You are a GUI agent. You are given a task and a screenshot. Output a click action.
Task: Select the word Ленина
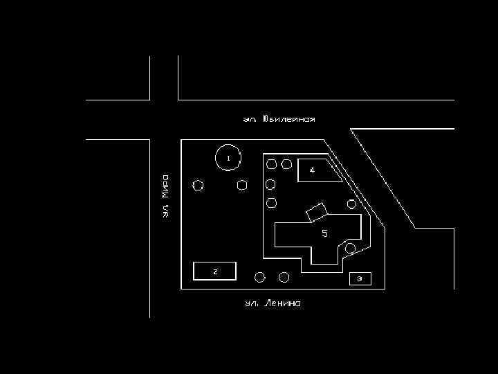[x=282, y=303]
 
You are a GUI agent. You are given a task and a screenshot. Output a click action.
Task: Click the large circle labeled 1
[x=228, y=158]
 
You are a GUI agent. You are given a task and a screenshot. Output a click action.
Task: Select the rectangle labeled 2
[x=215, y=271]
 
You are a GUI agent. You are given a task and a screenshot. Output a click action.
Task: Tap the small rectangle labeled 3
[x=360, y=279]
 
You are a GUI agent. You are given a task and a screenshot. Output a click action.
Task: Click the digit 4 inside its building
[x=312, y=170]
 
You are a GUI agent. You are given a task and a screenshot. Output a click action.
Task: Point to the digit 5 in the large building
[x=324, y=233]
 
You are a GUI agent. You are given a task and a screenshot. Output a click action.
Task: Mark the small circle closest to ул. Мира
[x=199, y=186]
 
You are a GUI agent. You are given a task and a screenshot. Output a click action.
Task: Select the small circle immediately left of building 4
[x=286, y=164]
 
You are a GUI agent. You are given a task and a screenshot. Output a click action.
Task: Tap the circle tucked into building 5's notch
[x=351, y=248]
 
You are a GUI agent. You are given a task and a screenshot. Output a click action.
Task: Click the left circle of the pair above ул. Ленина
[x=260, y=277]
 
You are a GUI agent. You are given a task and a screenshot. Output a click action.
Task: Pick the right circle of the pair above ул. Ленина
[x=284, y=277]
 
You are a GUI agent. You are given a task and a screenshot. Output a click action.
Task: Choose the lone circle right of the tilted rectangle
[x=352, y=204]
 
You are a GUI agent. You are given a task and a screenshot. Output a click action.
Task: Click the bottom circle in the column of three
[x=271, y=203]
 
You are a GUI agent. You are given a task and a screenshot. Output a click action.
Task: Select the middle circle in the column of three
[x=271, y=184]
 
